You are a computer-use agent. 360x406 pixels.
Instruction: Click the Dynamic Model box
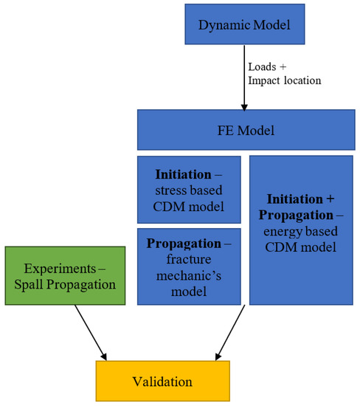pos(244,24)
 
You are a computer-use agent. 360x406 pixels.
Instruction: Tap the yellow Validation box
pos(162,381)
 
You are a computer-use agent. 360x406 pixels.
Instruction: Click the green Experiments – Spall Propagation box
pos(64,275)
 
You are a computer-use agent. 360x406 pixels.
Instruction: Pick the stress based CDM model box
pos(189,189)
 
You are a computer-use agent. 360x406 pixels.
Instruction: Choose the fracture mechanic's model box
pos(189,266)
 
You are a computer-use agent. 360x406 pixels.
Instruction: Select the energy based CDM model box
pos(300,230)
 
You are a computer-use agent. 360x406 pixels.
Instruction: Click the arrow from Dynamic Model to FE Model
pos(244,78)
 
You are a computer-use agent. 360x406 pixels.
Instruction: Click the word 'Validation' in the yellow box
pos(162,382)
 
